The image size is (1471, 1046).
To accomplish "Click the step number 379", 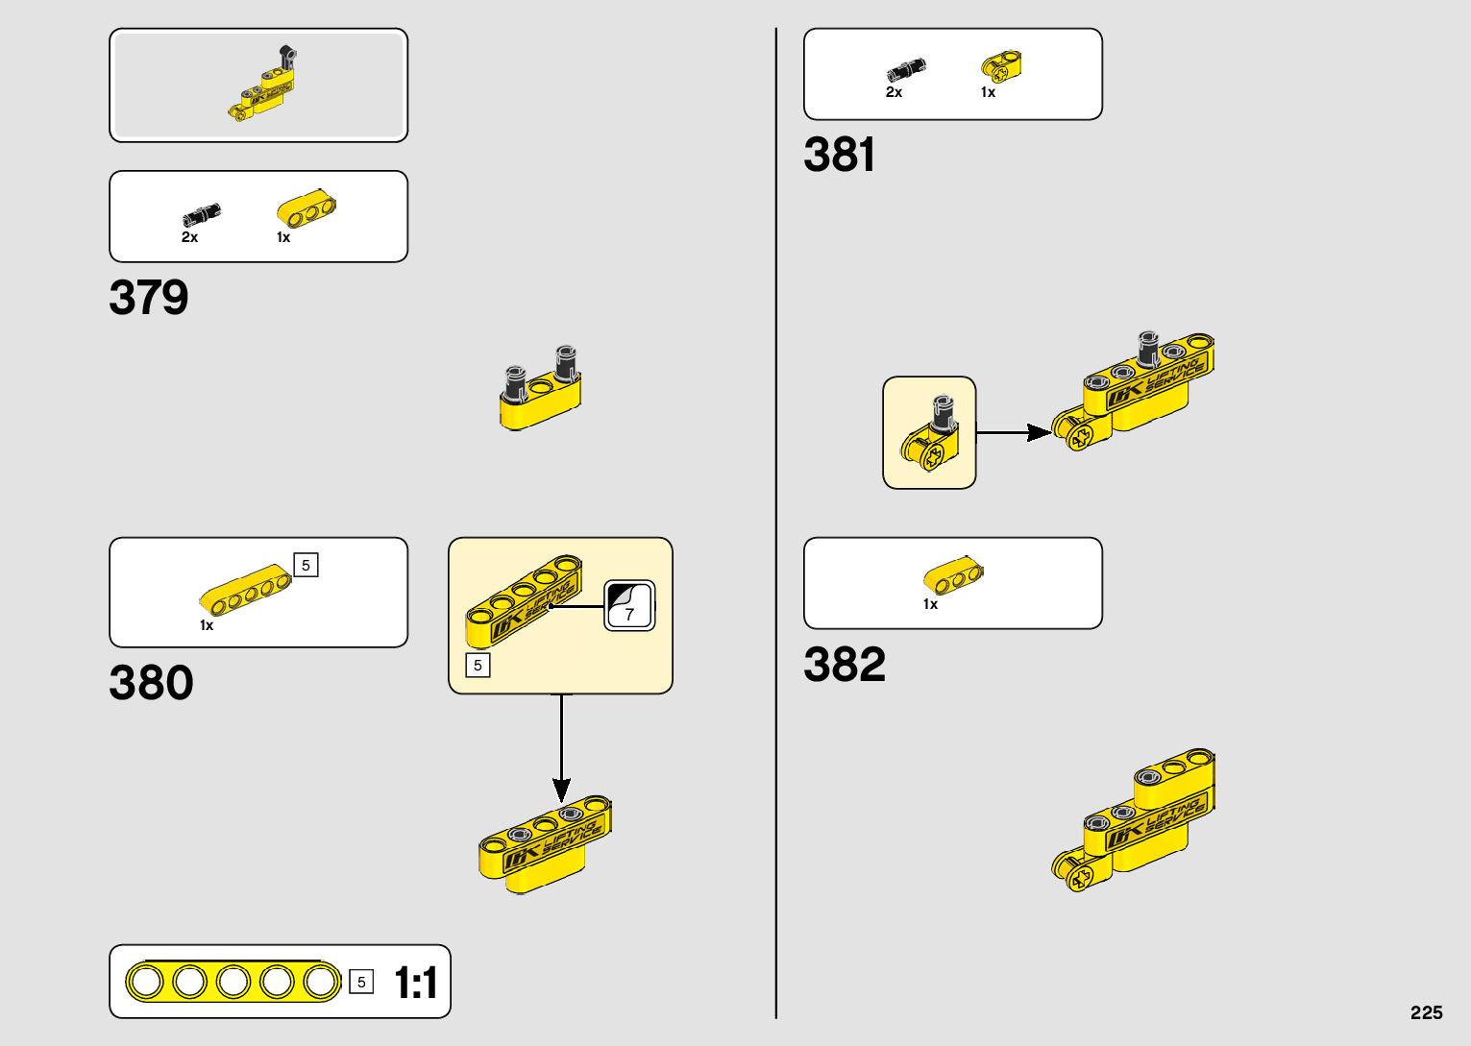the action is click(149, 298).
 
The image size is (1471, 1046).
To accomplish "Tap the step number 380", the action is click(151, 683).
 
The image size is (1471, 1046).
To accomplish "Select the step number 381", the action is click(839, 155).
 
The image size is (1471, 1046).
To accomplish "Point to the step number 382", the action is click(844, 665).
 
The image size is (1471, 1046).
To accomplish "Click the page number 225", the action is click(1426, 1012).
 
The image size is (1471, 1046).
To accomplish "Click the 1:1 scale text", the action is click(416, 983).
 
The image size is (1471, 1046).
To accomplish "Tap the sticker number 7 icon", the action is click(629, 606).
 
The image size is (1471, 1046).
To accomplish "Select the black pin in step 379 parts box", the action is click(202, 214).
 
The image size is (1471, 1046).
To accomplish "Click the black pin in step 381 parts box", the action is click(906, 70).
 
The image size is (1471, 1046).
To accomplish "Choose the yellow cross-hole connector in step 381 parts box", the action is click(1001, 66).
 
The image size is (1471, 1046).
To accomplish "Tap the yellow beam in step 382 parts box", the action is click(953, 575).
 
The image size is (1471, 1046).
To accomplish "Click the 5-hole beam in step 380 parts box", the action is click(246, 590).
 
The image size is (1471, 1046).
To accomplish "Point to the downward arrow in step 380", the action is click(562, 749).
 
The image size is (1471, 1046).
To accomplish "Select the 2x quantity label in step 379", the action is click(189, 237).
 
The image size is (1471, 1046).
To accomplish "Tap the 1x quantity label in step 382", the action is click(930, 604).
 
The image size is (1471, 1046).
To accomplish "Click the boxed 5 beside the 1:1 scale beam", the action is click(361, 982).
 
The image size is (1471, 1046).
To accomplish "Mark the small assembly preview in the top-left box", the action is click(262, 85).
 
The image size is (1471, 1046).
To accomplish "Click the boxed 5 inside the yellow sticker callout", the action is click(478, 665).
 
